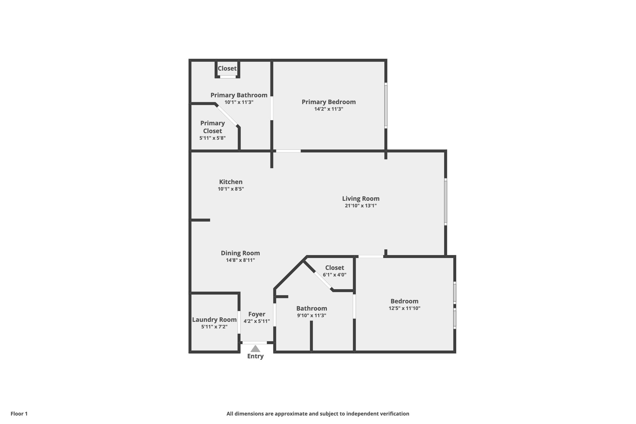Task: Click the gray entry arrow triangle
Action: tap(255, 349)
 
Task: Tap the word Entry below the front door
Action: tap(255, 356)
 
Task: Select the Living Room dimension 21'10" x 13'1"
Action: tap(361, 206)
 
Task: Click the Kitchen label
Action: tap(231, 182)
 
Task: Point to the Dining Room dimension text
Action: tap(240, 260)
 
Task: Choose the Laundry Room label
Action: tap(214, 320)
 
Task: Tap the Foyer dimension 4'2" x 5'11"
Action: tap(257, 321)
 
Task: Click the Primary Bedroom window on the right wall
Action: tap(386, 106)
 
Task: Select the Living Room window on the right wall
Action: tap(446, 202)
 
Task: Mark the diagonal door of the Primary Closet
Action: tap(227, 116)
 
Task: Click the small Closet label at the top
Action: tap(227, 68)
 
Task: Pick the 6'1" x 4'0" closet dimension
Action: tap(334, 275)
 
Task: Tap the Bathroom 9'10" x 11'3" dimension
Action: tap(311, 316)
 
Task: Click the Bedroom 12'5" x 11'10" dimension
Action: tap(404, 308)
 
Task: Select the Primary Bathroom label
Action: tap(239, 95)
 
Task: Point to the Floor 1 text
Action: tap(19, 414)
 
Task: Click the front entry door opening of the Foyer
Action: tap(255, 343)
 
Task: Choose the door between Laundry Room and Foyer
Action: tap(239, 322)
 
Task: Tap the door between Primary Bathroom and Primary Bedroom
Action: tap(272, 108)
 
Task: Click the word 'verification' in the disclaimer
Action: tap(393, 414)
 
